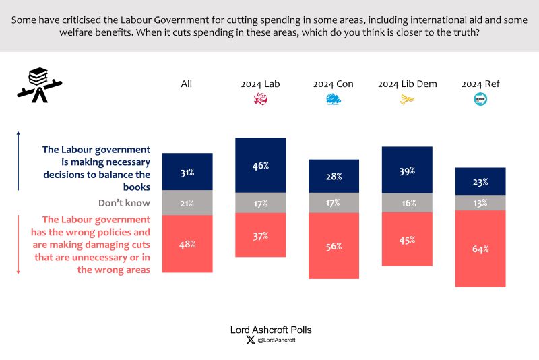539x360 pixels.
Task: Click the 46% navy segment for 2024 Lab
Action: click(x=260, y=164)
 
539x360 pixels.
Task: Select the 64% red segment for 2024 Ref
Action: click(x=480, y=249)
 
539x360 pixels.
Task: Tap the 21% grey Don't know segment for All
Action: click(x=187, y=203)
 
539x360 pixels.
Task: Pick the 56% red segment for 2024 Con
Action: click(x=334, y=246)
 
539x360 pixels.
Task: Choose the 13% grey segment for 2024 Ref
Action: click(x=480, y=203)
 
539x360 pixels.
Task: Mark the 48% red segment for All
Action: click(x=187, y=244)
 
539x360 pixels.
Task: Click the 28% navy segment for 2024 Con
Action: click(x=334, y=176)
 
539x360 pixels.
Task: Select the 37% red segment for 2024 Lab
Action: click(x=260, y=235)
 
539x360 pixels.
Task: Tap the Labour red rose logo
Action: click(x=260, y=100)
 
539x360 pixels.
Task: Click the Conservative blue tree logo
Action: click(x=334, y=100)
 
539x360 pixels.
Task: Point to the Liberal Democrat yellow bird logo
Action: click(x=407, y=100)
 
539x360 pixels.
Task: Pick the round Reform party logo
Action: click(x=480, y=100)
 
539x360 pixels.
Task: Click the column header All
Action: click(x=187, y=84)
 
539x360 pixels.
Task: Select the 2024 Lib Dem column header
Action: click(x=407, y=84)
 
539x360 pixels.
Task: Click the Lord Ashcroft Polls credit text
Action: click(x=269, y=330)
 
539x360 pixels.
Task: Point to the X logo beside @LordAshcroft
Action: click(x=251, y=340)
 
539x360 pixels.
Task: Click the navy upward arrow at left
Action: click(x=18, y=162)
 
